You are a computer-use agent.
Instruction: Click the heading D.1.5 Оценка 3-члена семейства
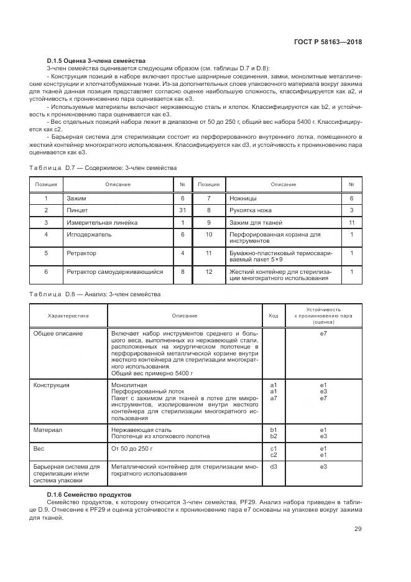(96, 61)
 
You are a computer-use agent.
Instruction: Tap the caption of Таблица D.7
(103, 168)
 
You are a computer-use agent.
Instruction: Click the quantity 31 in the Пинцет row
(183, 210)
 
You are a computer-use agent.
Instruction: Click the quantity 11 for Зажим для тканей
(351, 222)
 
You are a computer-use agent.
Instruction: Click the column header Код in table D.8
(274, 316)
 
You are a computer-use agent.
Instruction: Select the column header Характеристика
(68, 316)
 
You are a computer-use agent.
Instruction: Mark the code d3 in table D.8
(274, 466)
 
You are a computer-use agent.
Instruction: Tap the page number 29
(358, 529)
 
